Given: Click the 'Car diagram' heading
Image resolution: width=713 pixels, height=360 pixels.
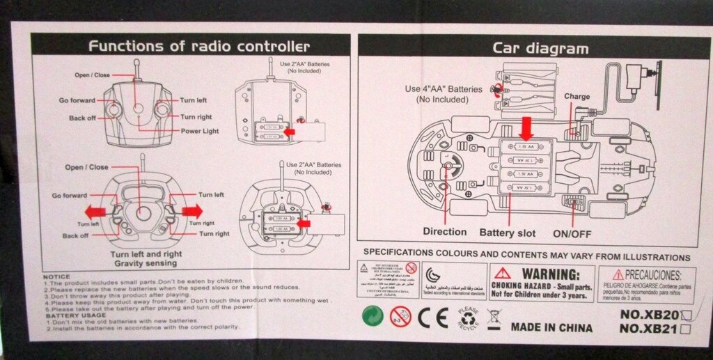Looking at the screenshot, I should [540, 48].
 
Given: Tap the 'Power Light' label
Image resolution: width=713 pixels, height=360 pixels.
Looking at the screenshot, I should [201, 130].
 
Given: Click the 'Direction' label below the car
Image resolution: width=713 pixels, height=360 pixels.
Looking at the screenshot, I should [444, 232].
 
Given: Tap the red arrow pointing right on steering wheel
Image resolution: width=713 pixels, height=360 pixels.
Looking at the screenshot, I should [191, 210].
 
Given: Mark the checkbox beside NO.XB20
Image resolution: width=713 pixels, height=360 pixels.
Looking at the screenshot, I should [687, 315].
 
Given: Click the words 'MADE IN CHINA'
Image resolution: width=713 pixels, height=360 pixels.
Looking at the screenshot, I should [552, 327].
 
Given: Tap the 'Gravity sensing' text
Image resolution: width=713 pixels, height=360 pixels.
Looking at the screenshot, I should [147, 265].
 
